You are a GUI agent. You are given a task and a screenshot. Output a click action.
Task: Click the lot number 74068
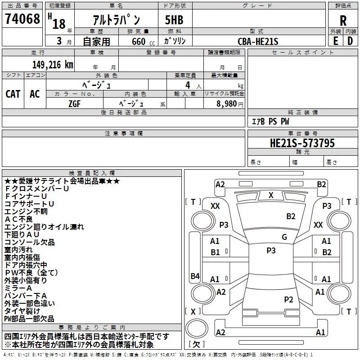(x=22, y=18)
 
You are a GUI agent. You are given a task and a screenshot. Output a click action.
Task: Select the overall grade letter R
(x=343, y=21)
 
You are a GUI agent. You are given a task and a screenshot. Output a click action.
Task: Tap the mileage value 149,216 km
(x=53, y=65)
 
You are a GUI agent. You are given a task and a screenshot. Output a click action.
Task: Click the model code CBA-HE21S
(x=258, y=41)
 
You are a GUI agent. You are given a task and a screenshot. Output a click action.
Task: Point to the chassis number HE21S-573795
(x=302, y=143)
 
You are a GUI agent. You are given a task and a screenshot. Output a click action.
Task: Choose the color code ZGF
(x=75, y=104)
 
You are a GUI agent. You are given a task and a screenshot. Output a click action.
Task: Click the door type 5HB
(x=174, y=20)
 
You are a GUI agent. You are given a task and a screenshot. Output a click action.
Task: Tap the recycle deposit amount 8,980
(x=227, y=103)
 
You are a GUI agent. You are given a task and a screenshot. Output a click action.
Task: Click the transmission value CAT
(x=13, y=94)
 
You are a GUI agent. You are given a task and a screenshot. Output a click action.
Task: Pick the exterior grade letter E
(x=336, y=41)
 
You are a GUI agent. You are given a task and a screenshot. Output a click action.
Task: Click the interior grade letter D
(x=350, y=41)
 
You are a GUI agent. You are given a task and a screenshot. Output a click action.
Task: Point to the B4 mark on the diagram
(x=195, y=276)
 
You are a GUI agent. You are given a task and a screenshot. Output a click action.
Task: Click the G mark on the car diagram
(x=284, y=237)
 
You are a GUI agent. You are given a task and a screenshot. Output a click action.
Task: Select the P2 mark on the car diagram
(x=288, y=299)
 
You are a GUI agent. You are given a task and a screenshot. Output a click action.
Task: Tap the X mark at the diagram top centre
(x=271, y=195)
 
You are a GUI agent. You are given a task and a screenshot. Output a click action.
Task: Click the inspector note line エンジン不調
(x=26, y=211)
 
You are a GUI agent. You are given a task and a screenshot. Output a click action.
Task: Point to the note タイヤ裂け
(x=22, y=311)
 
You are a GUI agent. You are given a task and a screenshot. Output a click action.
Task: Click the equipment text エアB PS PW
(x=270, y=121)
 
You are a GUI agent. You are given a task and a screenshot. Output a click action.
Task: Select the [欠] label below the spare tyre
(x=197, y=344)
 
